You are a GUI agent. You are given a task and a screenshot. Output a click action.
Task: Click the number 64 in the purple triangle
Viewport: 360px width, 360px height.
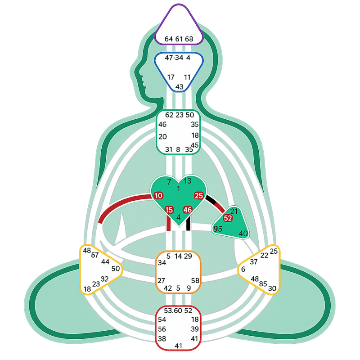(x=168, y=39)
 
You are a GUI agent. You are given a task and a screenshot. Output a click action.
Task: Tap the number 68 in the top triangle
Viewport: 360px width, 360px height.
(x=189, y=39)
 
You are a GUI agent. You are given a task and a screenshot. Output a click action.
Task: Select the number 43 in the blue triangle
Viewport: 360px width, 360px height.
(x=179, y=86)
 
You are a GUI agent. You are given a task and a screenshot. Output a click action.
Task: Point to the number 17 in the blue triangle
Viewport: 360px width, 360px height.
(x=171, y=77)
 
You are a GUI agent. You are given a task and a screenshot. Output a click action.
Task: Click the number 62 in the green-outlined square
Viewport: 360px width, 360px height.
(x=169, y=115)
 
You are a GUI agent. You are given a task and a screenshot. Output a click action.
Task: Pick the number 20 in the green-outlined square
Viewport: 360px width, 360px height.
(x=162, y=136)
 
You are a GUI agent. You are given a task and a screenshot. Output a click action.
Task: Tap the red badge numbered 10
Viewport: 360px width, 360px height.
(x=158, y=196)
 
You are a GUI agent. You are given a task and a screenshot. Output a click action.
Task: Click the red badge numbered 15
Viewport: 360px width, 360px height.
(x=169, y=210)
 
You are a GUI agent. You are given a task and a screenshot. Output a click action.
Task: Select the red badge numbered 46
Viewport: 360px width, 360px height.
(x=188, y=210)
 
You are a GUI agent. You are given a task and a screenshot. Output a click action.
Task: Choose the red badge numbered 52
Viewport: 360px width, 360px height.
(x=228, y=218)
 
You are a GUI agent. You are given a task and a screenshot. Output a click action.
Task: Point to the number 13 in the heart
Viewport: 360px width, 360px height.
(x=188, y=181)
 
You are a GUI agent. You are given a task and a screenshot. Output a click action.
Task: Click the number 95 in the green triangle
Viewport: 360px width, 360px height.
(x=218, y=229)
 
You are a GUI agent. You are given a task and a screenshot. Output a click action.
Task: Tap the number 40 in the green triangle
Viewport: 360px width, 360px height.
(x=243, y=234)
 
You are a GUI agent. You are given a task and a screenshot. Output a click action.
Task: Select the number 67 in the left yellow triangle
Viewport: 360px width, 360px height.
(x=94, y=255)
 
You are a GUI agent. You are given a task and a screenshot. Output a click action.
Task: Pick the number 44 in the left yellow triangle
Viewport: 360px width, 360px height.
(x=105, y=261)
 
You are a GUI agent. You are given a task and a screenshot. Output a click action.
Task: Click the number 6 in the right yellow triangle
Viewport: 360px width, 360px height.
(x=243, y=269)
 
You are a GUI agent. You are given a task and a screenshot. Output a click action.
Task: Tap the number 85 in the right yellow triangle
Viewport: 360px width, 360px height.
(x=263, y=284)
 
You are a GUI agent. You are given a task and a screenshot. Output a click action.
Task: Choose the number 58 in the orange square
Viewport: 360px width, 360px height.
(x=195, y=280)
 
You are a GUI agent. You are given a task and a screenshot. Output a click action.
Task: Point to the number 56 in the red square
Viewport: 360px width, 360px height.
(x=162, y=329)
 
